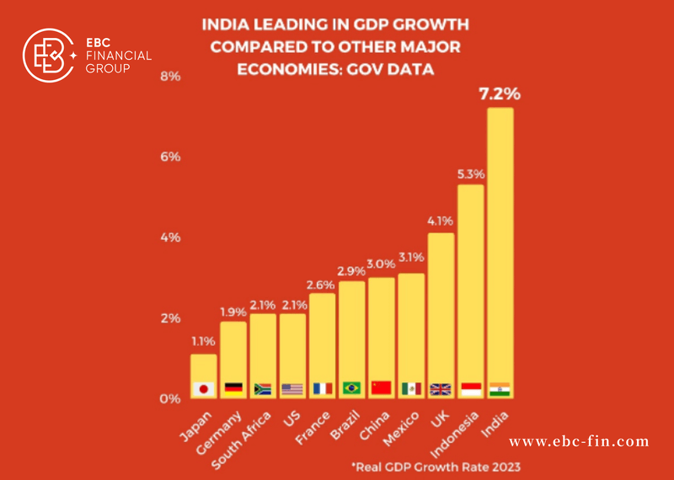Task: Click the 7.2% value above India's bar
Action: pos(500,93)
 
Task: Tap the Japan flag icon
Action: pos(202,389)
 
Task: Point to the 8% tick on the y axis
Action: pos(171,77)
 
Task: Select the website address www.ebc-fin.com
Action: pos(580,440)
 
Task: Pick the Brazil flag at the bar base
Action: pos(351,389)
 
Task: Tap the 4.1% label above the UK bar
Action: pos(441,221)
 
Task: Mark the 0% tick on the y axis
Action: pos(171,398)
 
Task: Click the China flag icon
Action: pos(381,389)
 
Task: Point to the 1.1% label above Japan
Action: pos(202,342)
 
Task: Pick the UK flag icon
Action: pos(441,389)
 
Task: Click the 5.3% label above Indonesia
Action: pos(470,173)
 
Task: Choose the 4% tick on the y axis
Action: pos(171,237)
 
